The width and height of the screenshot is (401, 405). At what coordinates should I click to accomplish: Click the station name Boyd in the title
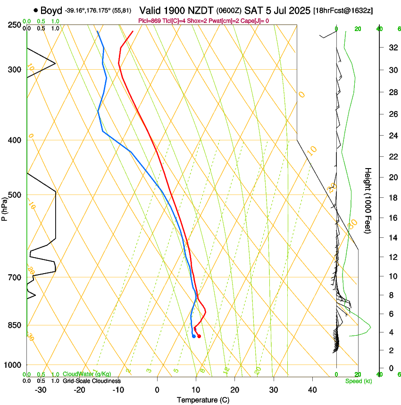(51, 10)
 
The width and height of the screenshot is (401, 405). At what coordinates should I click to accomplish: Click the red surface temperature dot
(199, 336)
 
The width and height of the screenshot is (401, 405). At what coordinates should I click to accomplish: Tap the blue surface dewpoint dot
(194, 336)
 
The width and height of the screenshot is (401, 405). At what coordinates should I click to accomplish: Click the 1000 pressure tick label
(14, 365)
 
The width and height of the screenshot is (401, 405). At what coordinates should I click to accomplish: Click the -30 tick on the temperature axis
(41, 390)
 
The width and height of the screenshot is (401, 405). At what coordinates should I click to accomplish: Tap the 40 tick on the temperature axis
(312, 390)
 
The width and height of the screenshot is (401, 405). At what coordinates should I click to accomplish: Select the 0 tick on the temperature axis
(157, 390)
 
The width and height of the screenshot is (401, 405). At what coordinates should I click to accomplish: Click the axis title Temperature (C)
(203, 400)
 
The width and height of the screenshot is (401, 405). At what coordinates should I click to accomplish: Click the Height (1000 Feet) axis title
(368, 201)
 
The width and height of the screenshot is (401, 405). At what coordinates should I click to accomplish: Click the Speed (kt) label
(358, 381)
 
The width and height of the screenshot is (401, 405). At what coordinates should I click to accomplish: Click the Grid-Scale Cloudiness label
(92, 381)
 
